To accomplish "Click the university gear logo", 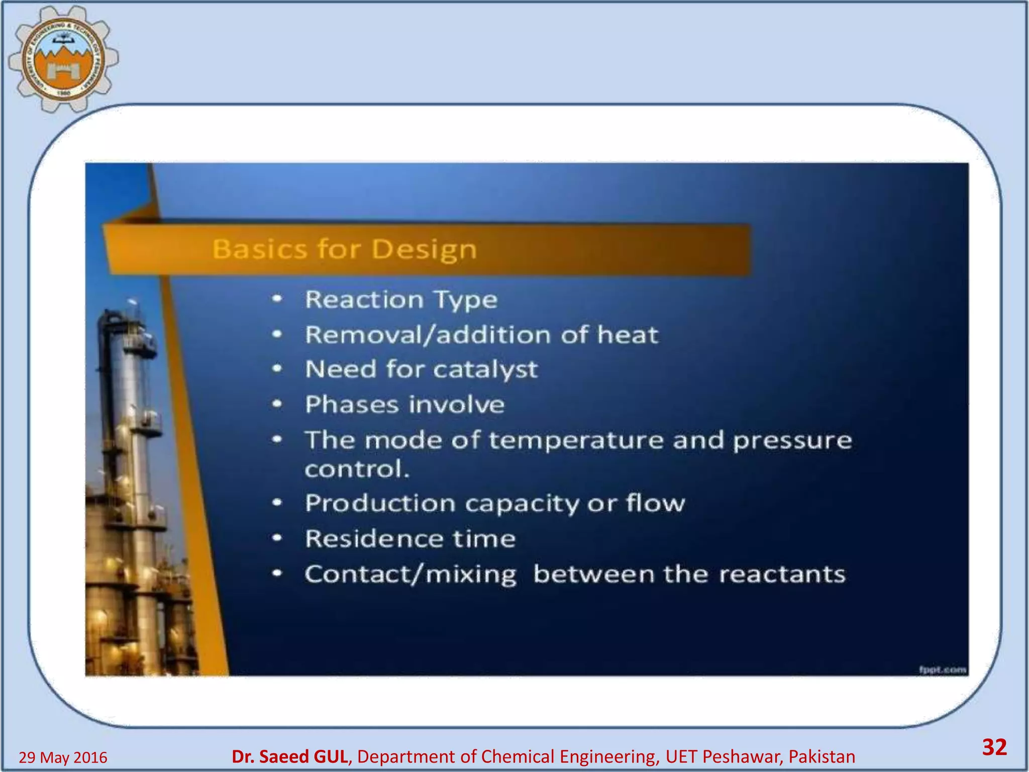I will tap(63, 59).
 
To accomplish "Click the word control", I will tap(357, 469).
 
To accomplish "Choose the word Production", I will tap(380, 503).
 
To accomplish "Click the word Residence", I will tap(374, 539).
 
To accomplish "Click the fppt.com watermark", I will tap(943, 669).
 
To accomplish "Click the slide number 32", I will tap(994, 747).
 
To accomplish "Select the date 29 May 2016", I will tap(63, 757).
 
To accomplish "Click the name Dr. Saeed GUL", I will tap(289, 756).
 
